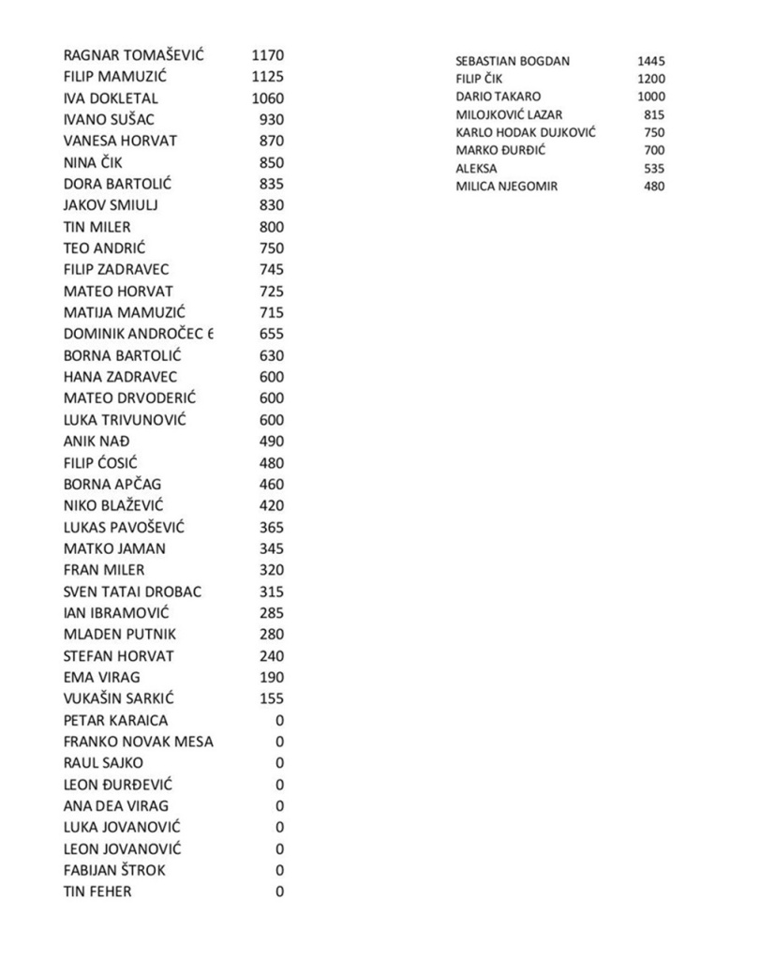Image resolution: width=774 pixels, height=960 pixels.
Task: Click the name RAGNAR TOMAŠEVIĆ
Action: pyautogui.click(x=133, y=55)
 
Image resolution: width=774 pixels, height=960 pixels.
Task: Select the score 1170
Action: pyautogui.click(x=267, y=55)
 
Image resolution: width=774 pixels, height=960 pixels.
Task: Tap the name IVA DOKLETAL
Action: pyautogui.click(x=111, y=98)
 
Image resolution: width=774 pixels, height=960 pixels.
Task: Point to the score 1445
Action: pyautogui.click(x=650, y=61)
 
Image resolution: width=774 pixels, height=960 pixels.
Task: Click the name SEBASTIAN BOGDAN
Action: pyautogui.click(x=512, y=61)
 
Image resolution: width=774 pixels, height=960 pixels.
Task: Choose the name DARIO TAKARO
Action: pyautogui.click(x=498, y=97)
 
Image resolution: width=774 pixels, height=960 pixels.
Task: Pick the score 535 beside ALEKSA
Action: pyautogui.click(x=654, y=169)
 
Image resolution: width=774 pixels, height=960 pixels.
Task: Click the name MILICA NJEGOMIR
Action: pyautogui.click(x=506, y=187)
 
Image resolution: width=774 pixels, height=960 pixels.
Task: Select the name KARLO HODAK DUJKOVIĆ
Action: pyautogui.click(x=525, y=133)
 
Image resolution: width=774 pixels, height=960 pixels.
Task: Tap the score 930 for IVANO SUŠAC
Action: pyautogui.click(x=271, y=120)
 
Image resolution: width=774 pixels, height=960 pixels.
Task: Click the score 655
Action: pyautogui.click(x=271, y=334)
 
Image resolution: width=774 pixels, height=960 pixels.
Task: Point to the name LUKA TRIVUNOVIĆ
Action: pyautogui.click(x=125, y=420)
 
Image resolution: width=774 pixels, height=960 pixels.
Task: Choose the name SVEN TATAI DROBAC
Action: pyautogui.click(x=132, y=592)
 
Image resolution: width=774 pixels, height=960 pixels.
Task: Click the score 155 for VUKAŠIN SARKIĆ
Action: pyautogui.click(x=271, y=698)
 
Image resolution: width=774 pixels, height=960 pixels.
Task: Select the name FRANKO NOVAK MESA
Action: pyautogui.click(x=138, y=742)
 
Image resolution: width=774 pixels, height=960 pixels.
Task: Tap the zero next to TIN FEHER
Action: pyautogui.click(x=279, y=892)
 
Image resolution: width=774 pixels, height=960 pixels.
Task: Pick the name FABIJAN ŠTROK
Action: pyautogui.click(x=114, y=870)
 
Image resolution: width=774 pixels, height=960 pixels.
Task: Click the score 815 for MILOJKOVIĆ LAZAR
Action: pyautogui.click(x=654, y=114)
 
